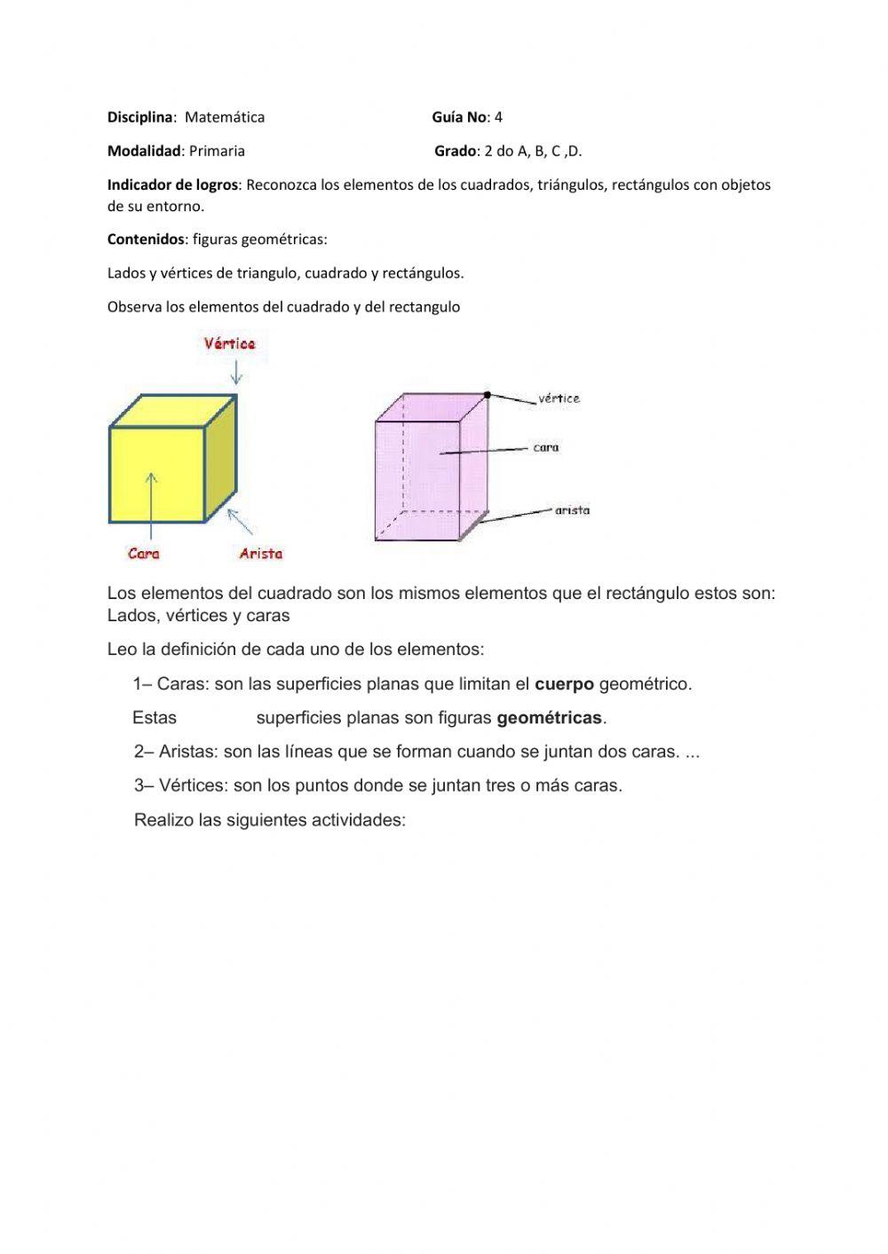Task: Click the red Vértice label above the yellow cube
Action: click(x=230, y=343)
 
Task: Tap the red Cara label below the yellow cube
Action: click(x=144, y=554)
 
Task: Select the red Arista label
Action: click(x=260, y=554)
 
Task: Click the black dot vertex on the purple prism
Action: click(x=488, y=394)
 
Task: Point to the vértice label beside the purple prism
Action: click(x=559, y=398)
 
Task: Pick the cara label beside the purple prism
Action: click(x=546, y=447)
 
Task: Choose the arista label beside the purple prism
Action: click(x=572, y=510)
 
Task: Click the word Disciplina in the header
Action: click(x=140, y=117)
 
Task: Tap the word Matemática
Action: click(x=225, y=117)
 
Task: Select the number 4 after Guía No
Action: click(x=499, y=117)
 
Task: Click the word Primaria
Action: click(x=217, y=151)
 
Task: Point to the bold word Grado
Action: click(x=456, y=151)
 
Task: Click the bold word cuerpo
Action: click(x=564, y=684)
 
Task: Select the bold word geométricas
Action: click(x=549, y=718)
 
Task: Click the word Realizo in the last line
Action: click(x=164, y=820)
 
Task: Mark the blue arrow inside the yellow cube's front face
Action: click(x=153, y=503)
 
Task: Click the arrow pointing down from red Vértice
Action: click(x=236, y=372)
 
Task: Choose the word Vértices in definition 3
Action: click(x=193, y=785)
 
